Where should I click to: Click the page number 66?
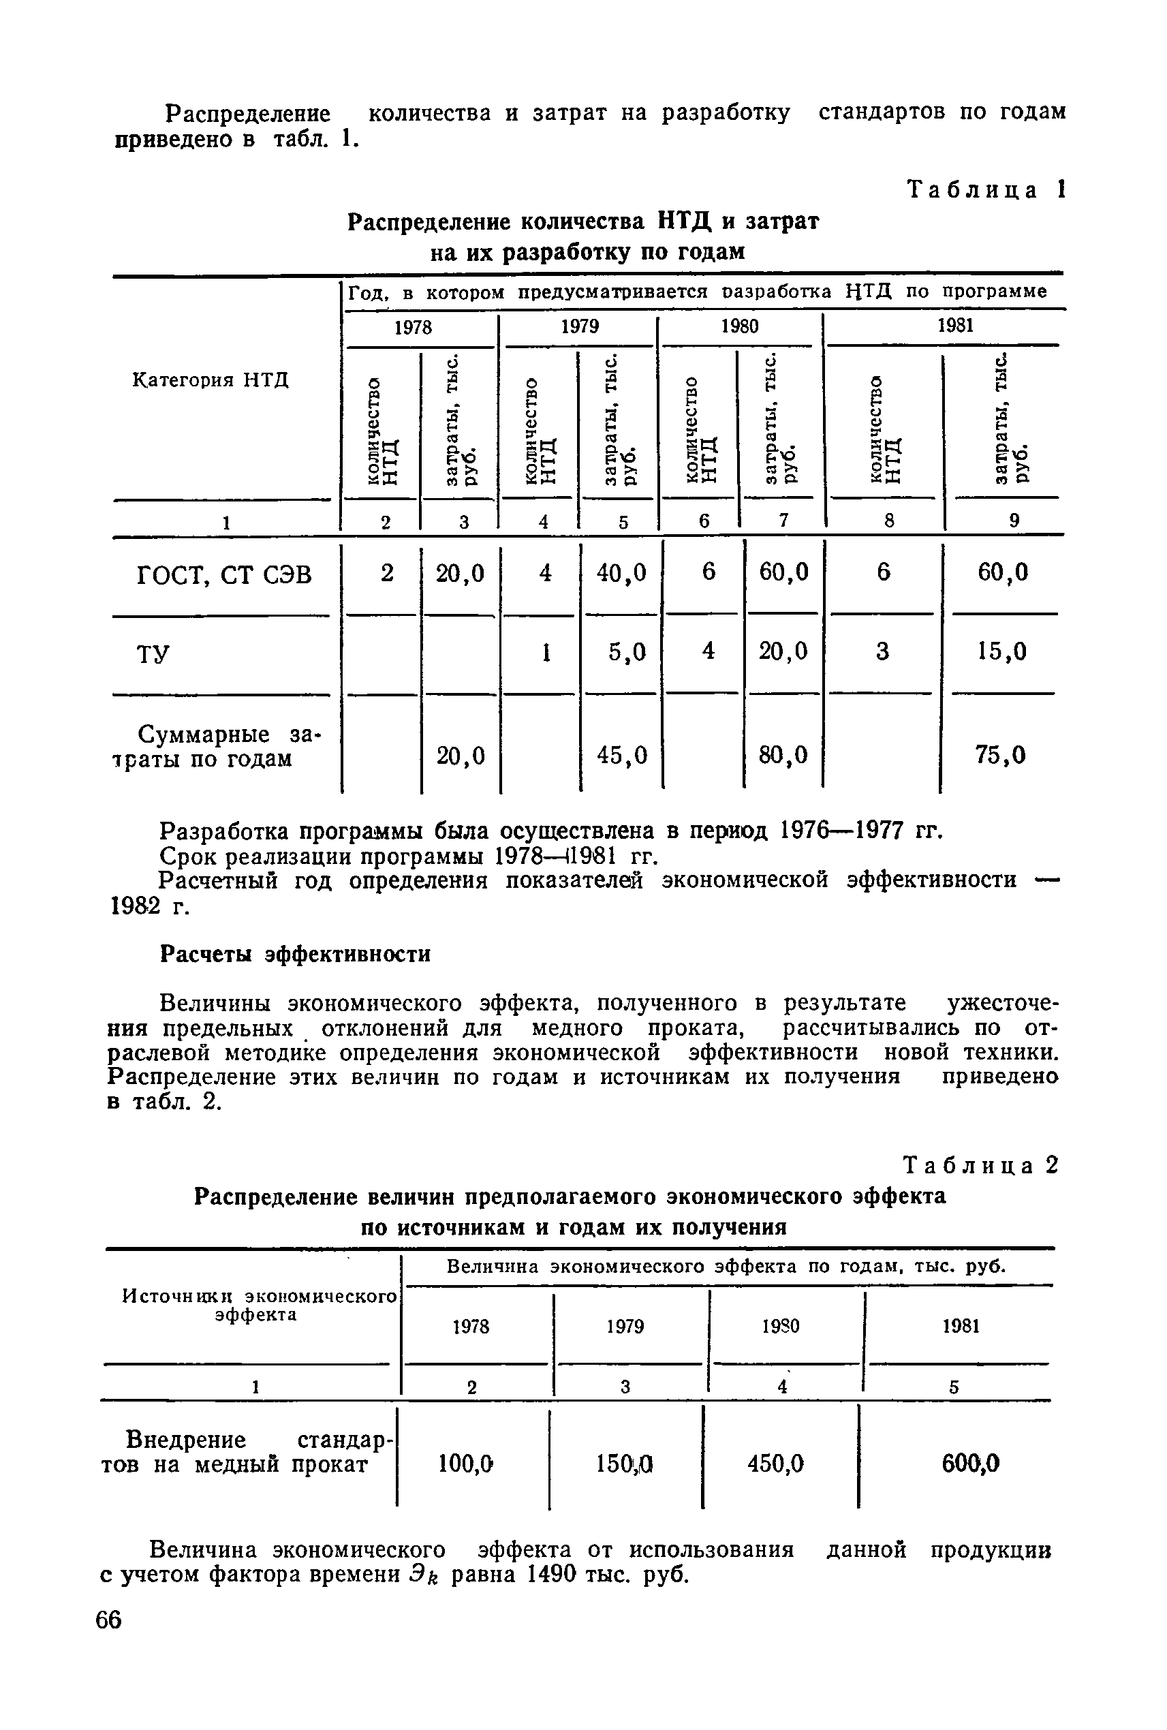109,1641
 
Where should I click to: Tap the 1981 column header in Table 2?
960,1326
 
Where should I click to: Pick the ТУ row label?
153,653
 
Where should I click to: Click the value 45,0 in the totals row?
622,756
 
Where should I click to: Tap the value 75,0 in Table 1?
1000,756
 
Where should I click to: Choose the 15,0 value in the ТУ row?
1001,652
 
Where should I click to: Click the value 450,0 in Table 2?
775,1464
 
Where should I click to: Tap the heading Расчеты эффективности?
296,955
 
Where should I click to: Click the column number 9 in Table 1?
1014,522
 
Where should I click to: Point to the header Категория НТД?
211,380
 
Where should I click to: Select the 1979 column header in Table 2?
625,1326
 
